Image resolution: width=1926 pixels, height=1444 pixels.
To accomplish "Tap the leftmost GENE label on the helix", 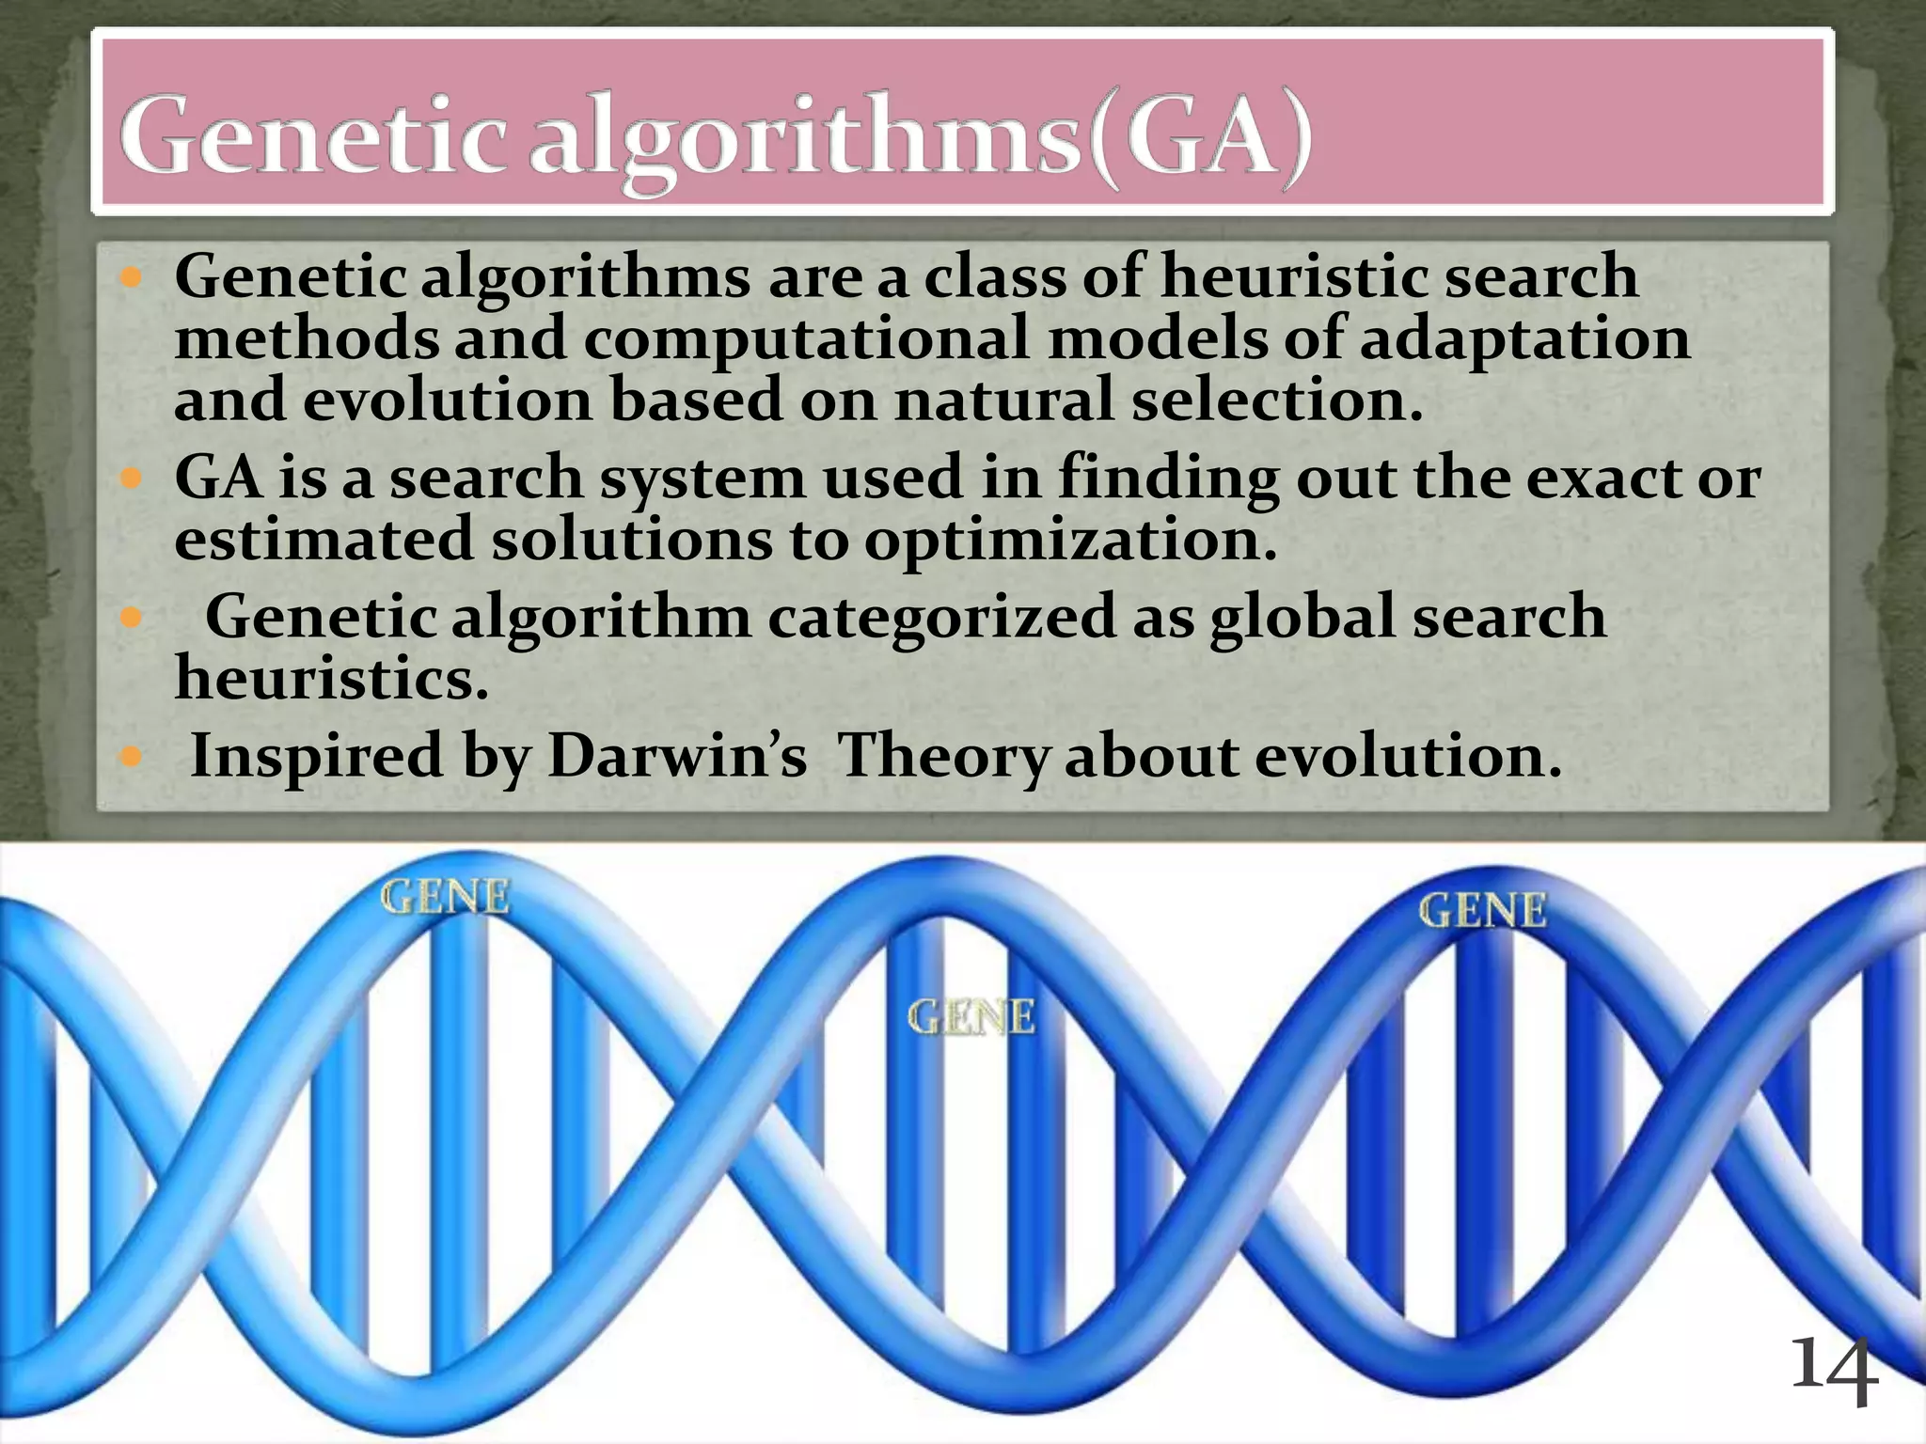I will coord(445,898).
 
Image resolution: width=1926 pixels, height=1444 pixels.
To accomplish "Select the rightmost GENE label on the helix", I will coord(1482,911).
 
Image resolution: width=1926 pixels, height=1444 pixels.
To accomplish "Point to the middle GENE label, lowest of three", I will coord(971,1017).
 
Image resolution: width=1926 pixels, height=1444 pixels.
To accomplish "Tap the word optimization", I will coord(1070,540).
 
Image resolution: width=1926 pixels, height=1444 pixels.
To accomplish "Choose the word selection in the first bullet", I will coord(1277,400).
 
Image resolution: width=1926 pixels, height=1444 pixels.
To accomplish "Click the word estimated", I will coord(324,540).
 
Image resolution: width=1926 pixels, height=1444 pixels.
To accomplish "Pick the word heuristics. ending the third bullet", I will coord(331,678).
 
